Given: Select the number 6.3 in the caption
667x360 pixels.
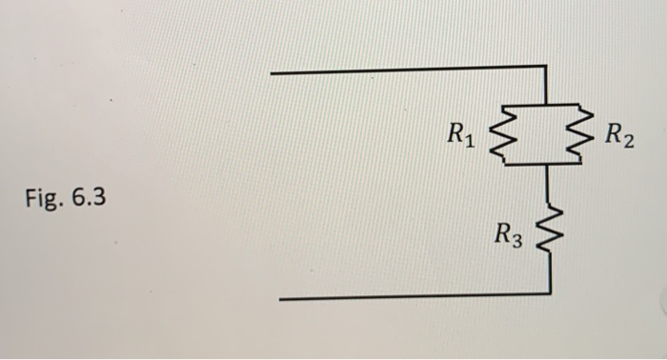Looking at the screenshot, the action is [x=91, y=200].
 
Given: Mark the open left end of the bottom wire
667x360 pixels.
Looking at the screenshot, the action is [x=280, y=298].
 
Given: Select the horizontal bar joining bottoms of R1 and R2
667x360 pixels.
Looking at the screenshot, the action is [x=540, y=164].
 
